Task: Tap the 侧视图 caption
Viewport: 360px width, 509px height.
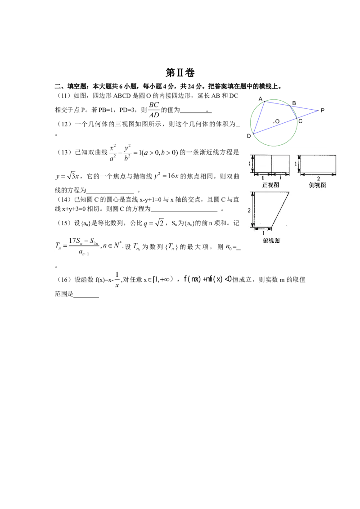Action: [x=318, y=185]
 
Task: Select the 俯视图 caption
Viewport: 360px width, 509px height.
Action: [x=271, y=241]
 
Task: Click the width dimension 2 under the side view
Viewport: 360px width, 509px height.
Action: [x=318, y=179]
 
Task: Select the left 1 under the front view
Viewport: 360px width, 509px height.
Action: [x=263, y=179]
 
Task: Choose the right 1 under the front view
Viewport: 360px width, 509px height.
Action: [x=280, y=179]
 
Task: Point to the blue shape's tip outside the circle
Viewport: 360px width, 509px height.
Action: [x=318, y=110]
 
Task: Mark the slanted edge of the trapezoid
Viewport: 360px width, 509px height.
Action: [x=281, y=210]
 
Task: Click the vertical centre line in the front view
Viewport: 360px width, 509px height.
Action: [x=272, y=164]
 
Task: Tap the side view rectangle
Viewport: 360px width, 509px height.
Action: [x=318, y=164]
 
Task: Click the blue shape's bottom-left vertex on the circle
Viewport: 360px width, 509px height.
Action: [x=253, y=134]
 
